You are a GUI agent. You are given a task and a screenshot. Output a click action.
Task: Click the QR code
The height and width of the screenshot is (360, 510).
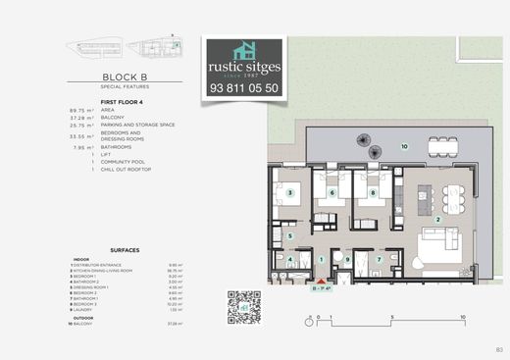point(243,307)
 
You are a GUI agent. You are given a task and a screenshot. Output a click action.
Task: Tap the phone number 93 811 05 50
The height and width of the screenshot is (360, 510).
point(244,88)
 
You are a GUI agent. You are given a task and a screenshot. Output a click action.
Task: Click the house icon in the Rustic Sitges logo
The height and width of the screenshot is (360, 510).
point(244,49)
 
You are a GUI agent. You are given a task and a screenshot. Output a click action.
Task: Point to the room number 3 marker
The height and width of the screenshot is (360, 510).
point(289,193)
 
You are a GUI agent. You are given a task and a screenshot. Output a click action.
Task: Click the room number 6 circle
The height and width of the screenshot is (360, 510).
point(333,193)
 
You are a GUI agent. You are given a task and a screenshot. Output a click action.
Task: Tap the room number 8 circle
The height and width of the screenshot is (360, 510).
point(374,193)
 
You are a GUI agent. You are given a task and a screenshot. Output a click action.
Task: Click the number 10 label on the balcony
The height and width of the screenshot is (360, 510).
point(404,146)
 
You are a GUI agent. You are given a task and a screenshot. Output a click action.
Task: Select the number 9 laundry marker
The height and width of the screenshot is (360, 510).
point(347,259)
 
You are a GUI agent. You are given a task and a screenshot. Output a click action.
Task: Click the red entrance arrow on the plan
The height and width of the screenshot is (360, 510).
point(319,280)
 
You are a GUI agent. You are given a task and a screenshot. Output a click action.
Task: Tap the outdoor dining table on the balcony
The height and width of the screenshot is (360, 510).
point(442,147)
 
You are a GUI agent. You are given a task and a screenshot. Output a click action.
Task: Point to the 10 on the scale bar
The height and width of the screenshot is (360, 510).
point(462,319)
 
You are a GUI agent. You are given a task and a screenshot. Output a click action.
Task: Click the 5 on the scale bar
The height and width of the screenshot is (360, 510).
point(390,319)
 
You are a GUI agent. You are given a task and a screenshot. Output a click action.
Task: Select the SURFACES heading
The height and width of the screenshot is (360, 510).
point(125,250)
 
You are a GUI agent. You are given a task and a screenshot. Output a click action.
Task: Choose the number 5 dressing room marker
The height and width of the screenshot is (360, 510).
point(288,236)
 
